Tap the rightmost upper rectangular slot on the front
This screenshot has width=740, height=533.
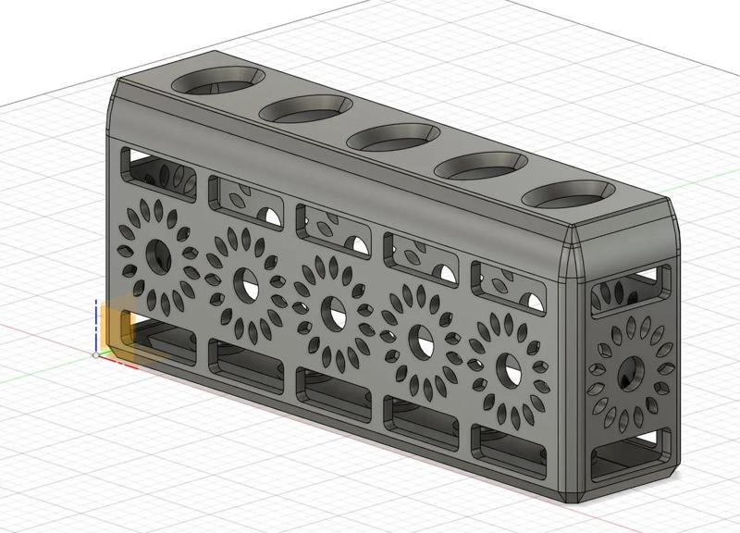[508, 287]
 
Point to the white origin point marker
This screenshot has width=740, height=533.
[96, 354]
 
